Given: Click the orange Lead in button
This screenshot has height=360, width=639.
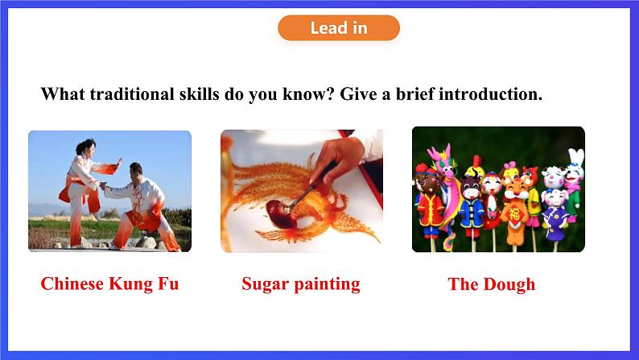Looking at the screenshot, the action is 339,27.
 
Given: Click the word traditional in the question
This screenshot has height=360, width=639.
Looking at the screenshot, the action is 131,93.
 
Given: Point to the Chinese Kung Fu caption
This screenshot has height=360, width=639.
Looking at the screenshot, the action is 109,283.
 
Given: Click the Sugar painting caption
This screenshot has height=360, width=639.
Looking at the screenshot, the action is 301,284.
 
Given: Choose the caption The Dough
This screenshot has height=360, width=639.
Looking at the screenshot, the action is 492,284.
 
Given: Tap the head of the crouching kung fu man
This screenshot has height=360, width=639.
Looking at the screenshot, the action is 136,170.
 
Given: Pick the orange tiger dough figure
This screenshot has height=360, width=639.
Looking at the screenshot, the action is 514,209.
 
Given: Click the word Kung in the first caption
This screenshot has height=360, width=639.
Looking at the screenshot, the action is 130,284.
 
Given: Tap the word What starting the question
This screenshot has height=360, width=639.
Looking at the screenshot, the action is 63,93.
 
